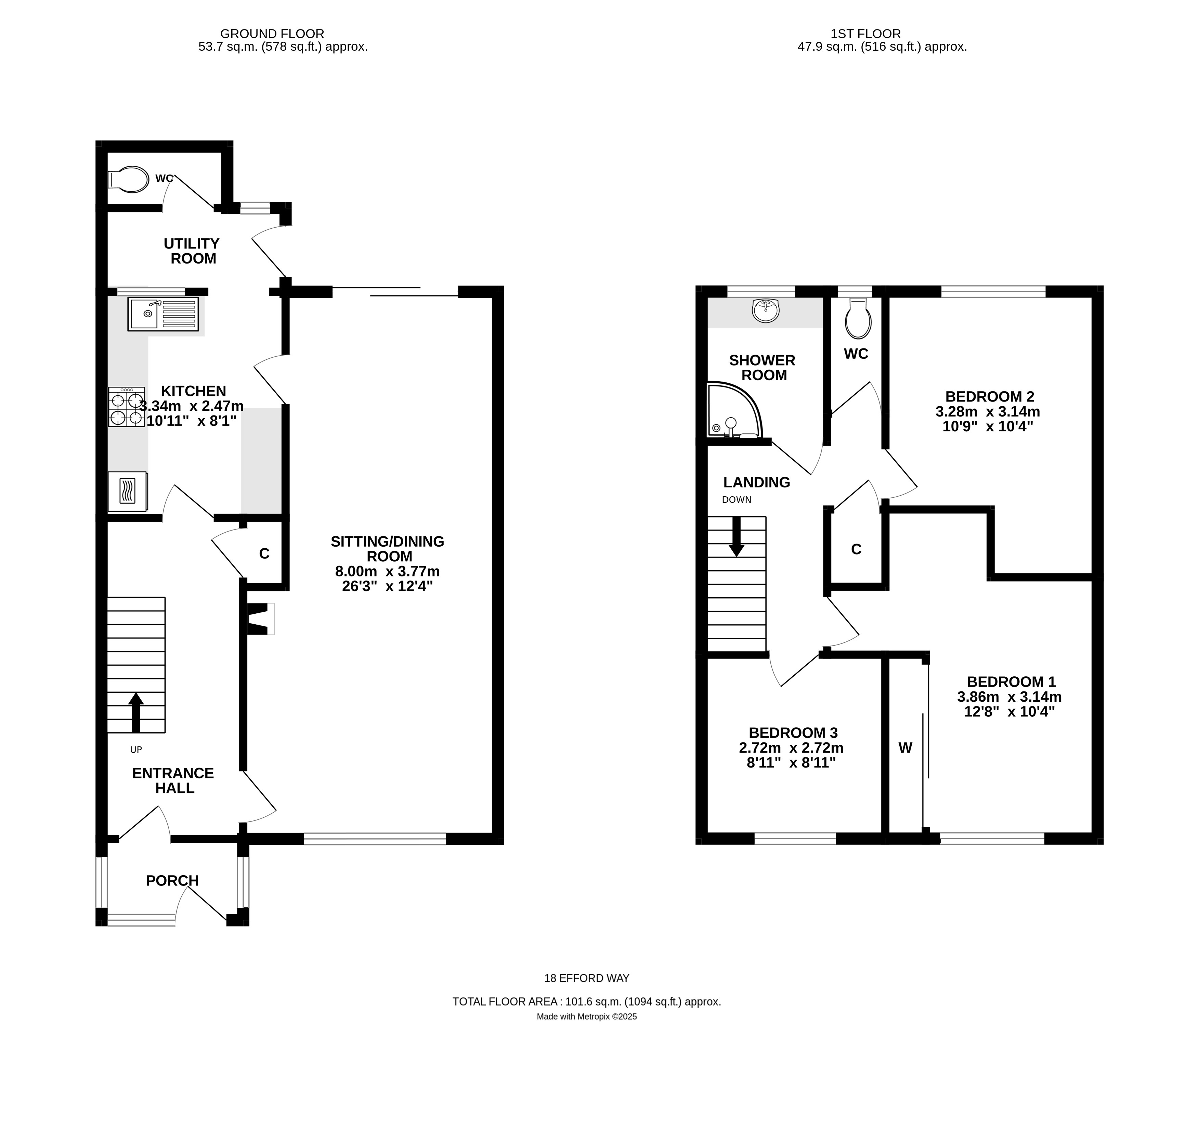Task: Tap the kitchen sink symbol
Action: click(x=163, y=314)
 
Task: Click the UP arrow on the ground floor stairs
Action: click(x=136, y=712)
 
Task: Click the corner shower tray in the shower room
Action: click(x=732, y=412)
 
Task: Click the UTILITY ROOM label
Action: click(x=192, y=251)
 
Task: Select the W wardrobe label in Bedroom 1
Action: click(x=905, y=748)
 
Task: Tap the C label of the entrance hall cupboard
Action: click(x=264, y=553)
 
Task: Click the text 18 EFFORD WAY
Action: click(x=587, y=978)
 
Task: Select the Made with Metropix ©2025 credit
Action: click(x=587, y=1016)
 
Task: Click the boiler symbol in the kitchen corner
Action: click(x=127, y=491)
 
